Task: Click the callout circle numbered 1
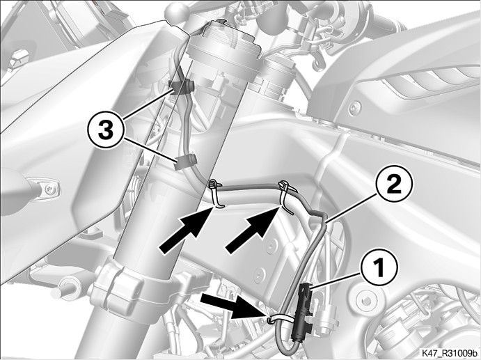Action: [380, 267]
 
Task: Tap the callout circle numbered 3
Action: [105, 131]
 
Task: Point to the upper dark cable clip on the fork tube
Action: [181, 87]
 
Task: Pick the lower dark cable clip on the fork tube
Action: [185, 162]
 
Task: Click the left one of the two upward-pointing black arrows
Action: [186, 230]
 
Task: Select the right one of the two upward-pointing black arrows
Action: [253, 230]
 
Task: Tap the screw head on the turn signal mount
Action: [49, 189]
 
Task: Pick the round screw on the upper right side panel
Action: [355, 107]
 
